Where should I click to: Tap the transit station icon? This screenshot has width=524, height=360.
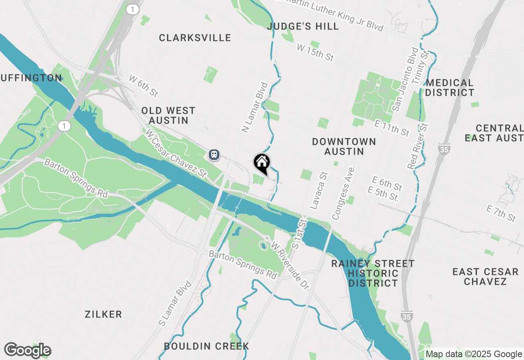tap(214, 155)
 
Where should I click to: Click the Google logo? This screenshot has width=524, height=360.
tap(27, 350)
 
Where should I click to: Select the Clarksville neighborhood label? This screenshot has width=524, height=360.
tap(195, 38)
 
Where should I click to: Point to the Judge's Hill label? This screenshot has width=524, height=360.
tap(303, 27)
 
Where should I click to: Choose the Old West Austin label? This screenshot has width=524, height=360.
tap(168, 115)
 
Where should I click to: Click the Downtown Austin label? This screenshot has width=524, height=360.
tap(344, 146)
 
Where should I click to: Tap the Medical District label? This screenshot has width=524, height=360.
tap(449, 88)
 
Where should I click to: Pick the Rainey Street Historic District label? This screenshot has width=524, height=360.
tap(373, 273)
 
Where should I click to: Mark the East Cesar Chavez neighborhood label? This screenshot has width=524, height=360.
tap(485, 277)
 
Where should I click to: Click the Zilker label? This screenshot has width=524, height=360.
tap(103, 314)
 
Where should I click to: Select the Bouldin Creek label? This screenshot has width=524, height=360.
tap(206, 346)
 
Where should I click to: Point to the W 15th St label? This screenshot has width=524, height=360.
tap(315, 53)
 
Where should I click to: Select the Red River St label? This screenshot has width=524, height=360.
tap(418, 146)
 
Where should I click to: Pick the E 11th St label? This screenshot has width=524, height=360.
tap(392, 128)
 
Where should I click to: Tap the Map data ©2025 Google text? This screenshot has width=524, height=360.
tap(474, 354)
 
